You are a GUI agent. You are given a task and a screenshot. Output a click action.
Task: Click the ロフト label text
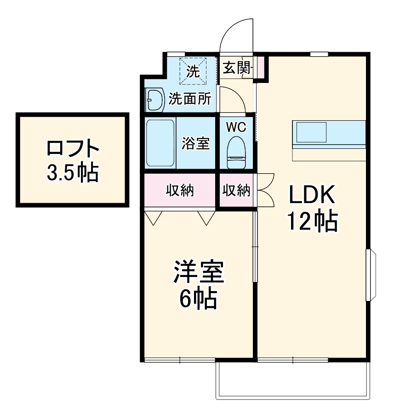click(x=73, y=148)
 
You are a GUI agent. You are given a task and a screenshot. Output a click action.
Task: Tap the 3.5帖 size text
click(x=73, y=172)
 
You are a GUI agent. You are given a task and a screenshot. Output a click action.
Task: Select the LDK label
click(x=312, y=194)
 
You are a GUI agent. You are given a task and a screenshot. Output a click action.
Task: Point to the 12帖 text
click(x=313, y=222)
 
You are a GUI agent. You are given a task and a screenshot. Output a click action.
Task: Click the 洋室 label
click(x=199, y=272)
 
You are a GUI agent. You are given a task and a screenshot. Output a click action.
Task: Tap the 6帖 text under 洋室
click(x=198, y=299)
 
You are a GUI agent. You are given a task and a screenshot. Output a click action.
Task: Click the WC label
click(x=236, y=127)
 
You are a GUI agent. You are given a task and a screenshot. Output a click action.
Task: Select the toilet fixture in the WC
click(x=236, y=153)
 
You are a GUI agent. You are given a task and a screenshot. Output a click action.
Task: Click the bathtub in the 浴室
click(x=160, y=143)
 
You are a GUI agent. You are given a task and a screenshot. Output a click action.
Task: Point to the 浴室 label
click(x=195, y=143)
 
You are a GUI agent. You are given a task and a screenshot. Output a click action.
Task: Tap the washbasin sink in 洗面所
click(x=155, y=99)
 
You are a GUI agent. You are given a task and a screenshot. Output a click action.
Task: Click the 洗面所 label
click(x=190, y=99)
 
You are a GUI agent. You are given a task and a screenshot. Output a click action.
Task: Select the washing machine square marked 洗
click(x=193, y=71)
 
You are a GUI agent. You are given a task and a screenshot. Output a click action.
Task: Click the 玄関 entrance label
click(x=236, y=68)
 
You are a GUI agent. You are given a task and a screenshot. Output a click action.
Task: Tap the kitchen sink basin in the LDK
click(x=311, y=132)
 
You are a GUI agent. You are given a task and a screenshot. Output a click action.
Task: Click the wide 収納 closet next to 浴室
click(x=180, y=190)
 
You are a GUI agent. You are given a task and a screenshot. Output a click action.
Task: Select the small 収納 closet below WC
click(x=236, y=190)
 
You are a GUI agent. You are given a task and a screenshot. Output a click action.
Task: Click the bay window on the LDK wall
click(x=371, y=275)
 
